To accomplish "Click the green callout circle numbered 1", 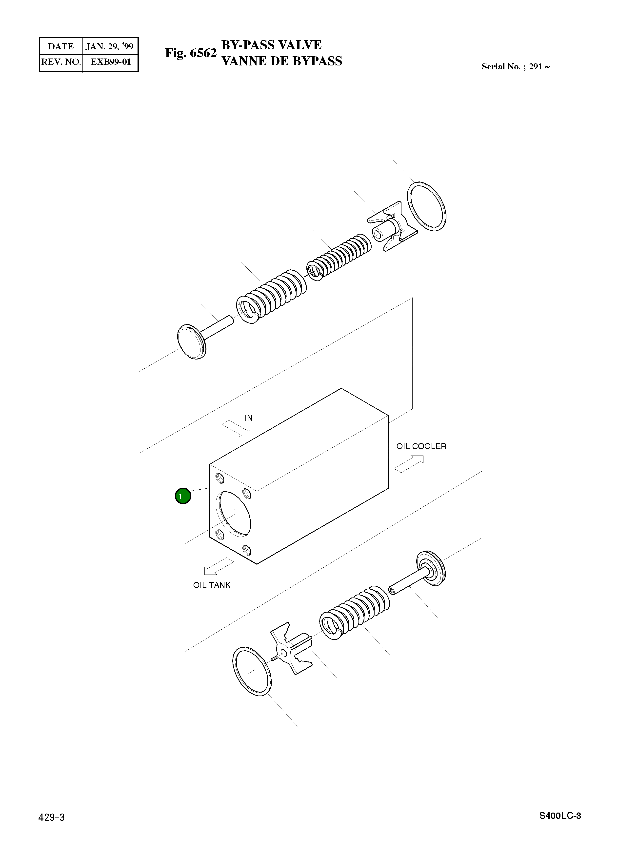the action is [183, 496].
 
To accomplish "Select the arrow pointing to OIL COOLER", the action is [409, 464].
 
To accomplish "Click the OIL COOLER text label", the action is [421, 446].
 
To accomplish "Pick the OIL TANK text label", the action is [212, 585].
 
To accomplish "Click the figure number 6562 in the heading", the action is [203, 53].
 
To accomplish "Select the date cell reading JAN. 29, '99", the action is [110, 46].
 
